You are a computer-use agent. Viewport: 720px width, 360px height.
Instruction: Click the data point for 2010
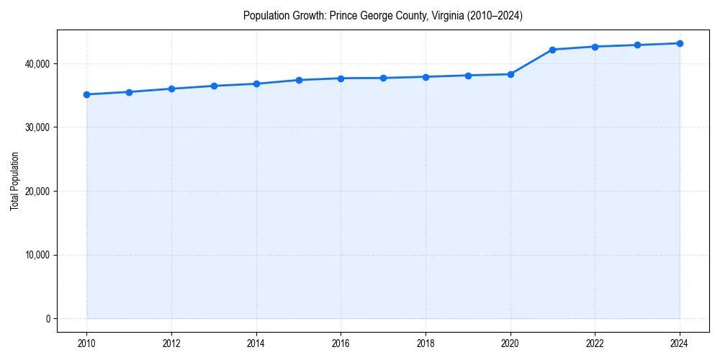pos(86,94)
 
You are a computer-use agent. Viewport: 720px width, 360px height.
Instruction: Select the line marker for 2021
pos(552,50)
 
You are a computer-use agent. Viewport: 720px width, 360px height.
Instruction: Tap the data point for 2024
pos(680,43)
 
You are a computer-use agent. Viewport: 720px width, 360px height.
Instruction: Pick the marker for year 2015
pos(299,80)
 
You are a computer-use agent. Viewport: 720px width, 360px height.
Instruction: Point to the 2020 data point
pos(510,74)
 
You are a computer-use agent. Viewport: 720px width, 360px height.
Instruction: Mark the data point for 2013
pos(214,86)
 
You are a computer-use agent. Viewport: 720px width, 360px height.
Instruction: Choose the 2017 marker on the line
pos(383,78)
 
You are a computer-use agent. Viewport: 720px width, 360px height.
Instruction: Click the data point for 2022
pos(595,47)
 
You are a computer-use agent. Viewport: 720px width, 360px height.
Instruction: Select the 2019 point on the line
pos(468,76)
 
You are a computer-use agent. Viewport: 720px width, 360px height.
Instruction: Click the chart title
pos(383,15)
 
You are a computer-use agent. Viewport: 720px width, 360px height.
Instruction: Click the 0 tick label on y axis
pos(47,319)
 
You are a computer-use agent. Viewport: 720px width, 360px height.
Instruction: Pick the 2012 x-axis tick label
pos(171,343)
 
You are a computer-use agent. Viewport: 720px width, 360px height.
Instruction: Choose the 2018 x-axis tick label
pos(426,343)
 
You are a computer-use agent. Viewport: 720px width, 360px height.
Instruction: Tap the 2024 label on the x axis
pos(680,343)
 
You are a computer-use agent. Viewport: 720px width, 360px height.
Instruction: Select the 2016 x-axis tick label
pos(341,343)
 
